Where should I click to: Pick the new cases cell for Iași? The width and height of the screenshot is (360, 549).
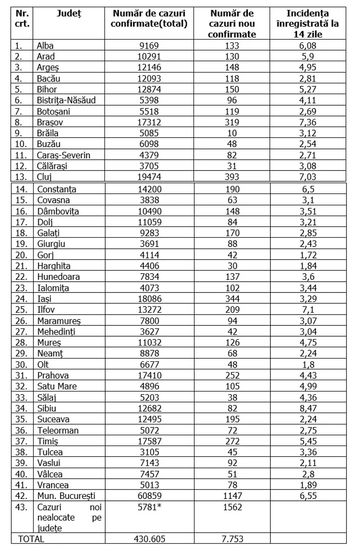click(x=233, y=298)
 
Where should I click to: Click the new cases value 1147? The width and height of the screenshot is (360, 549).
click(x=233, y=495)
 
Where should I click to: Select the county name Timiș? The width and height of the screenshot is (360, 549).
click(x=48, y=442)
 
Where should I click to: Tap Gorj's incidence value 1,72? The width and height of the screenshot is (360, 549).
click(x=314, y=254)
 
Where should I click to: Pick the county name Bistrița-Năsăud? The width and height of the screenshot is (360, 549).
click(x=66, y=101)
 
